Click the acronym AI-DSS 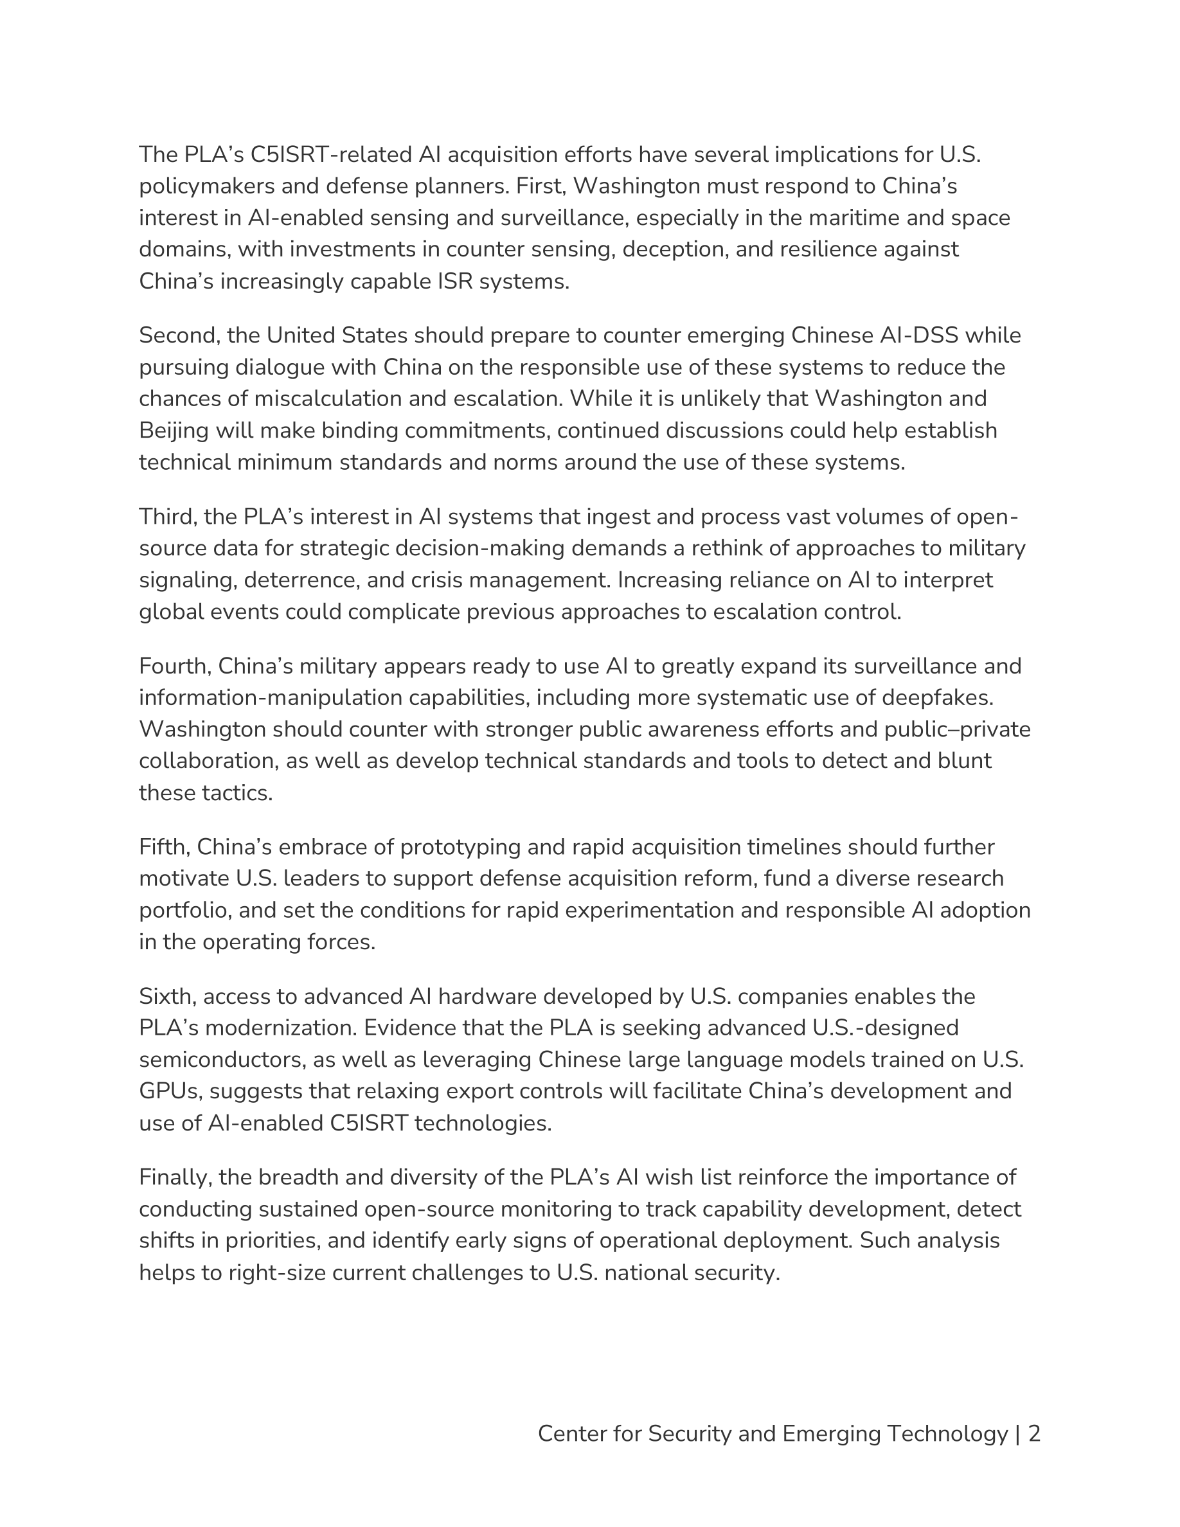[x=916, y=335]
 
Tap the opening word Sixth [x=167, y=997]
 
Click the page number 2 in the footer [x=1035, y=1434]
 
